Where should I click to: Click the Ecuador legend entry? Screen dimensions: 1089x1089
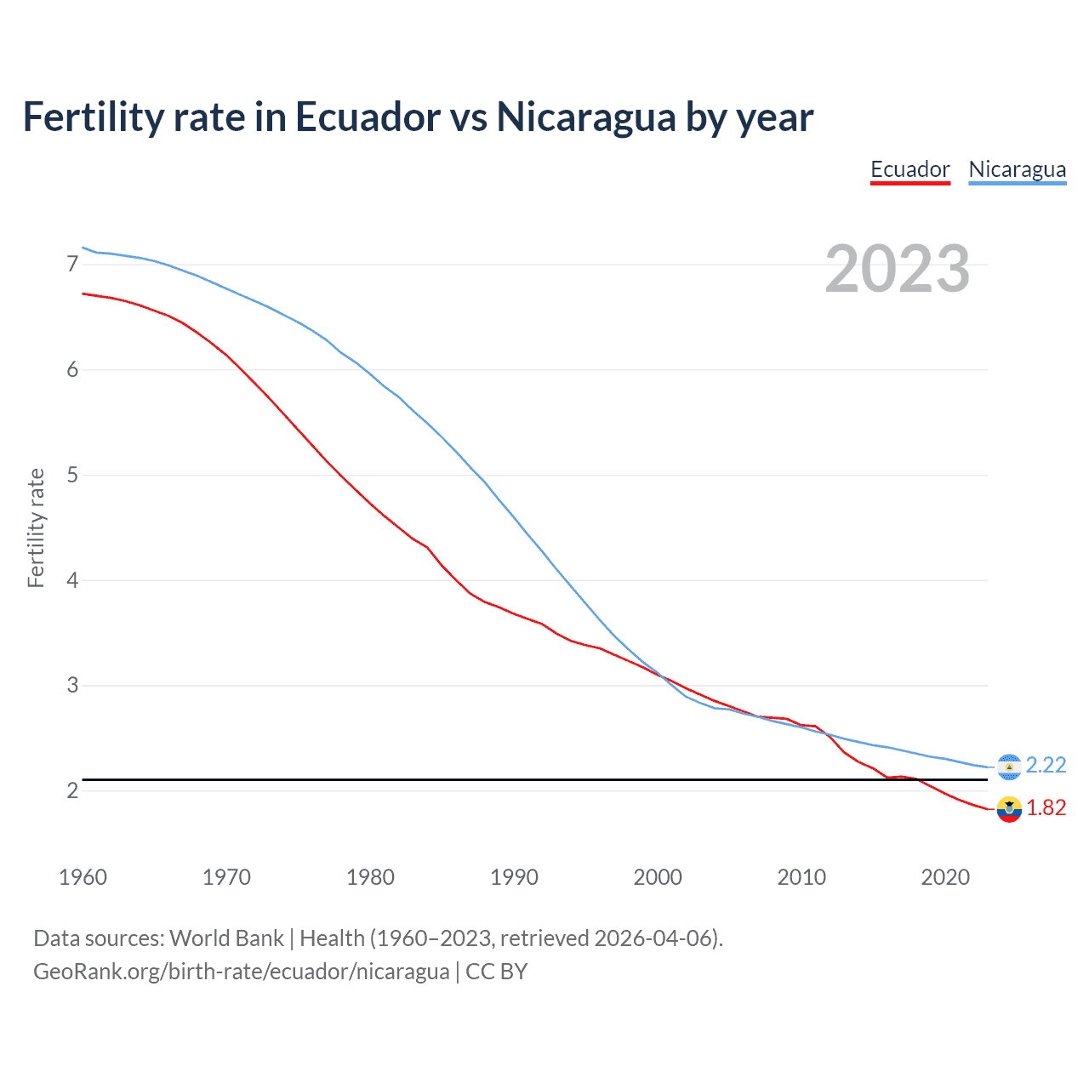point(909,169)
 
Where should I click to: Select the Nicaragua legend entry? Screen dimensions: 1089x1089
point(1017,169)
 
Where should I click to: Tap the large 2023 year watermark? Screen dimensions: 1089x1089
point(897,269)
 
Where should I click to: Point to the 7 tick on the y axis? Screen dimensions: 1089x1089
point(72,264)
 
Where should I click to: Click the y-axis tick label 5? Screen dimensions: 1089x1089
point(72,475)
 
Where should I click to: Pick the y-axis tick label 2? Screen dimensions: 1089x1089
point(72,790)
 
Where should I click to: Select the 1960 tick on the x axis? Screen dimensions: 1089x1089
point(83,877)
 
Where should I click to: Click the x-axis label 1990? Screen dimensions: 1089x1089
point(514,877)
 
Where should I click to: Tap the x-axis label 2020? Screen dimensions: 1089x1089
point(945,877)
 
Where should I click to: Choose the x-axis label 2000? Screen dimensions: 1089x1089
point(658,877)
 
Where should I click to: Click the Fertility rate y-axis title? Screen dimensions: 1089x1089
point(36,527)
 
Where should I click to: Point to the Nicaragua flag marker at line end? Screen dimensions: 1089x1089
point(1009,767)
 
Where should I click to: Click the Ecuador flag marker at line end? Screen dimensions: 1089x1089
point(1009,809)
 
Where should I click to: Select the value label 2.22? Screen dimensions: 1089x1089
point(1046,766)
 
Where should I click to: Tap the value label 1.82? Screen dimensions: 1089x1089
point(1046,808)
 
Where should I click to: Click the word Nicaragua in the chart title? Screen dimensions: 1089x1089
point(586,117)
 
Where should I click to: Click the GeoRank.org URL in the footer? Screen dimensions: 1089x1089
point(241,972)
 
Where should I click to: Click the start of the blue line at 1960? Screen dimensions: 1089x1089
point(83,248)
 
